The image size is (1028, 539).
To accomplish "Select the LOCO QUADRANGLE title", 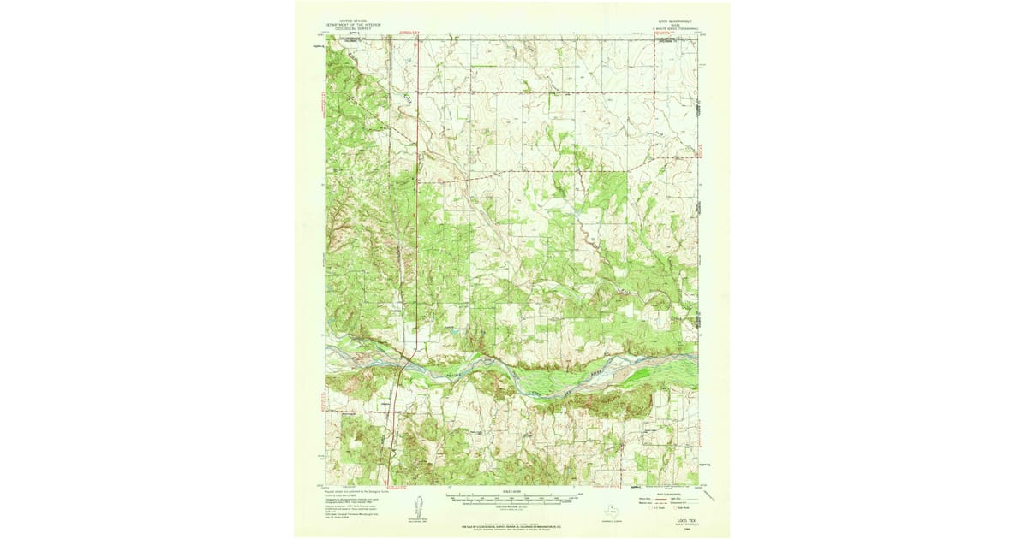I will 672,18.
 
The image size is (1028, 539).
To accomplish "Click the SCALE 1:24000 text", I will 511,489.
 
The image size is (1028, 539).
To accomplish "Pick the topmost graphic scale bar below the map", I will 511,495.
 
